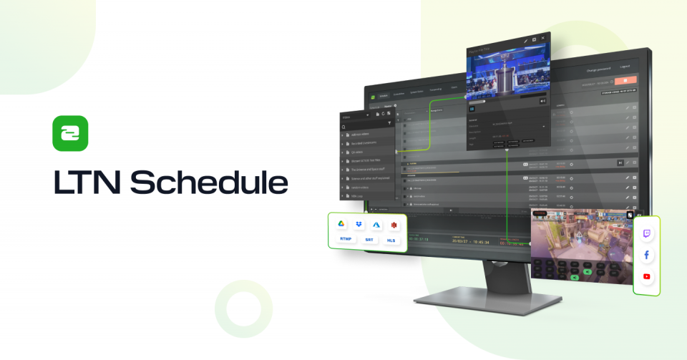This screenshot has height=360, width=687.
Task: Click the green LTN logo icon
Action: coord(70,133)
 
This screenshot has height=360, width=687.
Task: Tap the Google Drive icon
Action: coord(343,225)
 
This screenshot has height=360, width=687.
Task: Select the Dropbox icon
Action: coord(359,225)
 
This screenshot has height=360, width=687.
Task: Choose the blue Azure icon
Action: coord(376,225)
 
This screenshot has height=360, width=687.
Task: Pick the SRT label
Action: coord(369,240)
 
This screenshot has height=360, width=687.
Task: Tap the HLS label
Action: coord(391,240)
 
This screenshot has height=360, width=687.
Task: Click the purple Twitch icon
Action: coord(647,233)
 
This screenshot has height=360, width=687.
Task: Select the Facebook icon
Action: coord(647,255)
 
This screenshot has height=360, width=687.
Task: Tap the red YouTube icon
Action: coord(647,276)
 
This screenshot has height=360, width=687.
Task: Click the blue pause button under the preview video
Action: coord(472,109)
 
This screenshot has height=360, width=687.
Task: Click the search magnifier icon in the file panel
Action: coord(344,126)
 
